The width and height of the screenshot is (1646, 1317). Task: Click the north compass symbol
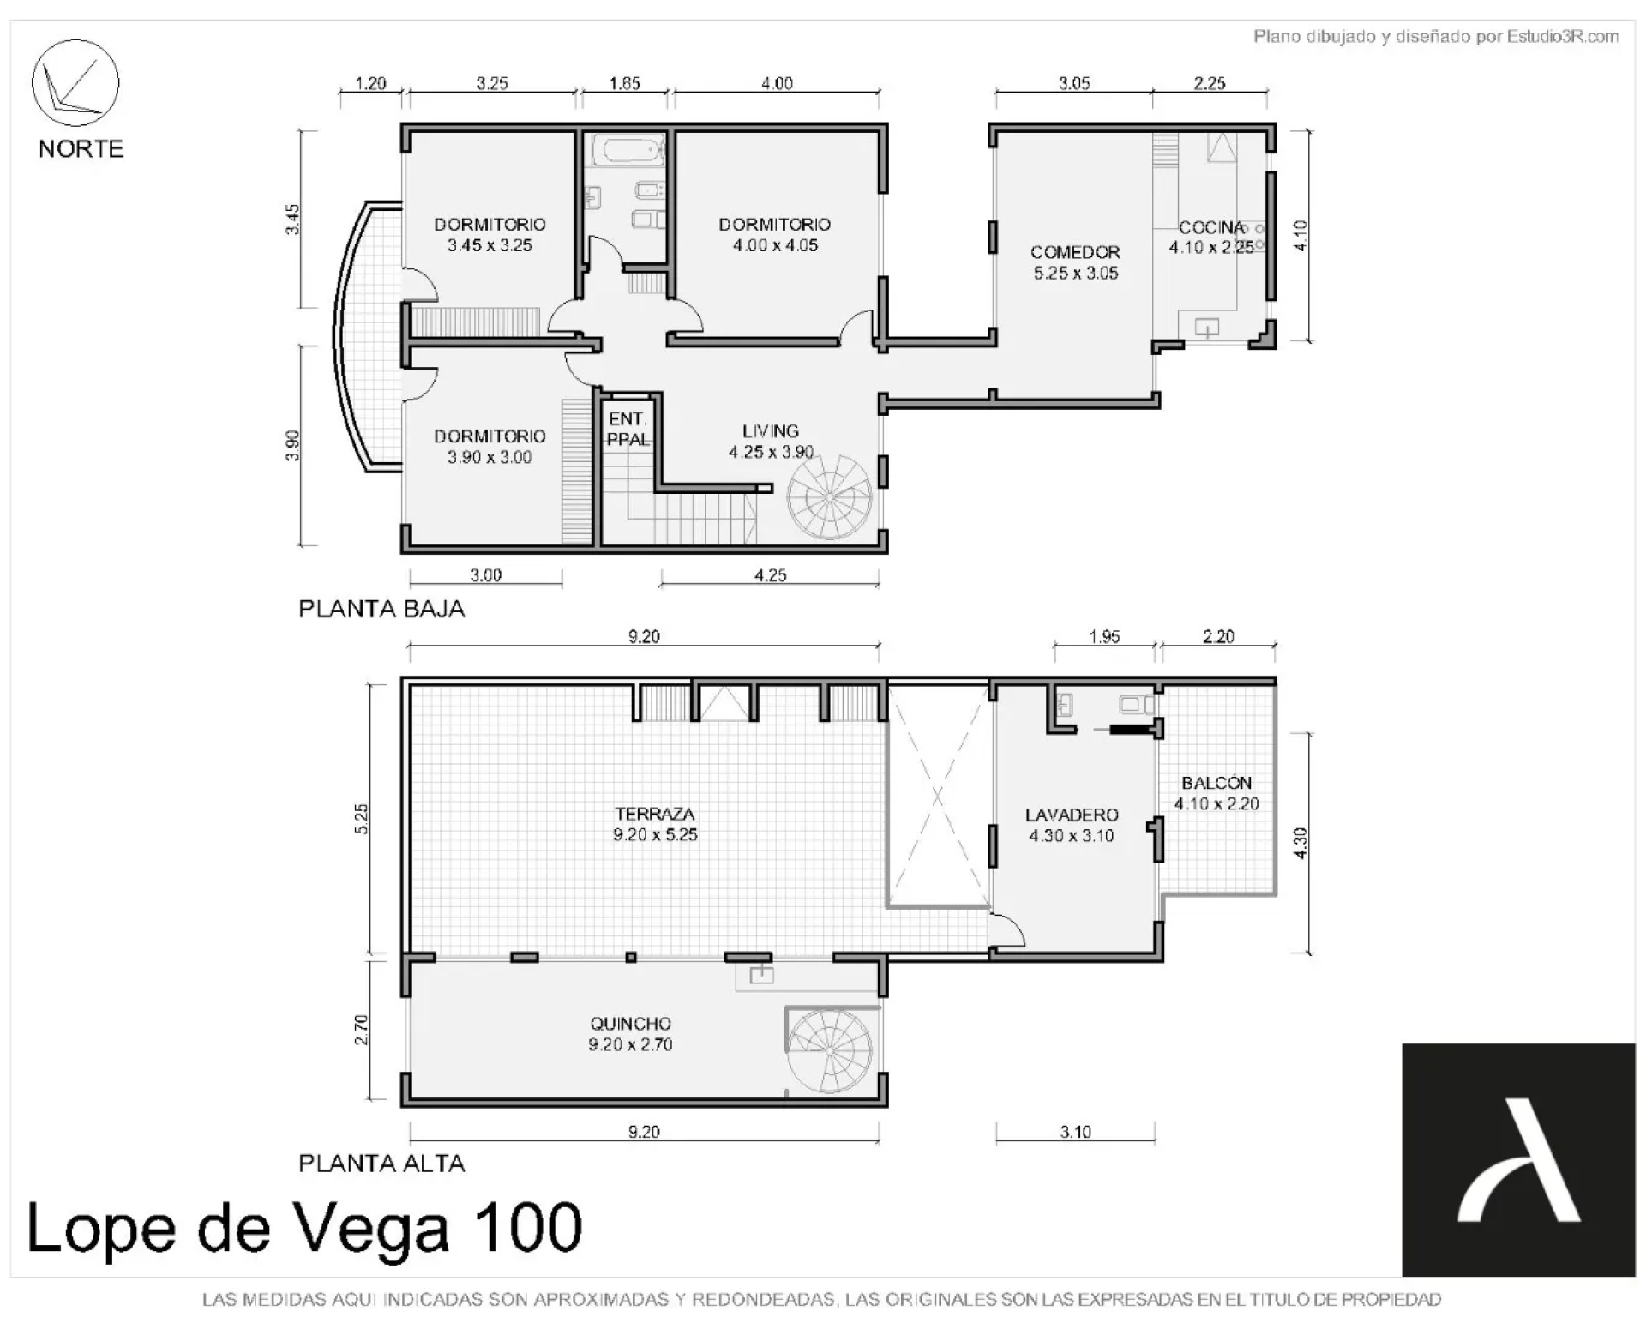(x=75, y=83)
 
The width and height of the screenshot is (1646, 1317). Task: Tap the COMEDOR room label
(x=1075, y=252)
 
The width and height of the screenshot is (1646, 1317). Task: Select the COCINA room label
(x=1211, y=227)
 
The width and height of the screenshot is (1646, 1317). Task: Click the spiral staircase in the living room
(x=830, y=497)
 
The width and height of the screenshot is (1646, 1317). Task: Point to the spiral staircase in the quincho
(x=830, y=1051)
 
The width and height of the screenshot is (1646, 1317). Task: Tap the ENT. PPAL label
(x=628, y=429)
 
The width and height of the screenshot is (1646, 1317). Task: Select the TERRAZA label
(x=654, y=814)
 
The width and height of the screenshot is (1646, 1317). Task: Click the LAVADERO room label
(x=1072, y=815)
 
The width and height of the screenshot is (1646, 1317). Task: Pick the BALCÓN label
(x=1216, y=782)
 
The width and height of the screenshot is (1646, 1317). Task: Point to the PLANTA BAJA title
(x=381, y=609)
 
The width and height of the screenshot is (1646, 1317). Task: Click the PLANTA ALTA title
(x=381, y=1164)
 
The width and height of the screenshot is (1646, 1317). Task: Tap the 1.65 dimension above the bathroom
(x=625, y=83)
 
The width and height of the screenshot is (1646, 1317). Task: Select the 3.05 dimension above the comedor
(x=1074, y=83)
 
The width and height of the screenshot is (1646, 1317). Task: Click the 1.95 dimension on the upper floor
(x=1104, y=636)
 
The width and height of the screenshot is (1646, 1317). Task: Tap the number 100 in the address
(x=528, y=1227)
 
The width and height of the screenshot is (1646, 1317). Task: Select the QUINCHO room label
(x=630, y=1024)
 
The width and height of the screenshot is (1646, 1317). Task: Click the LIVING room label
(x=771, y=431)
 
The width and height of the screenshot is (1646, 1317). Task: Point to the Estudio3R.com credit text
(x=1563, y=36)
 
